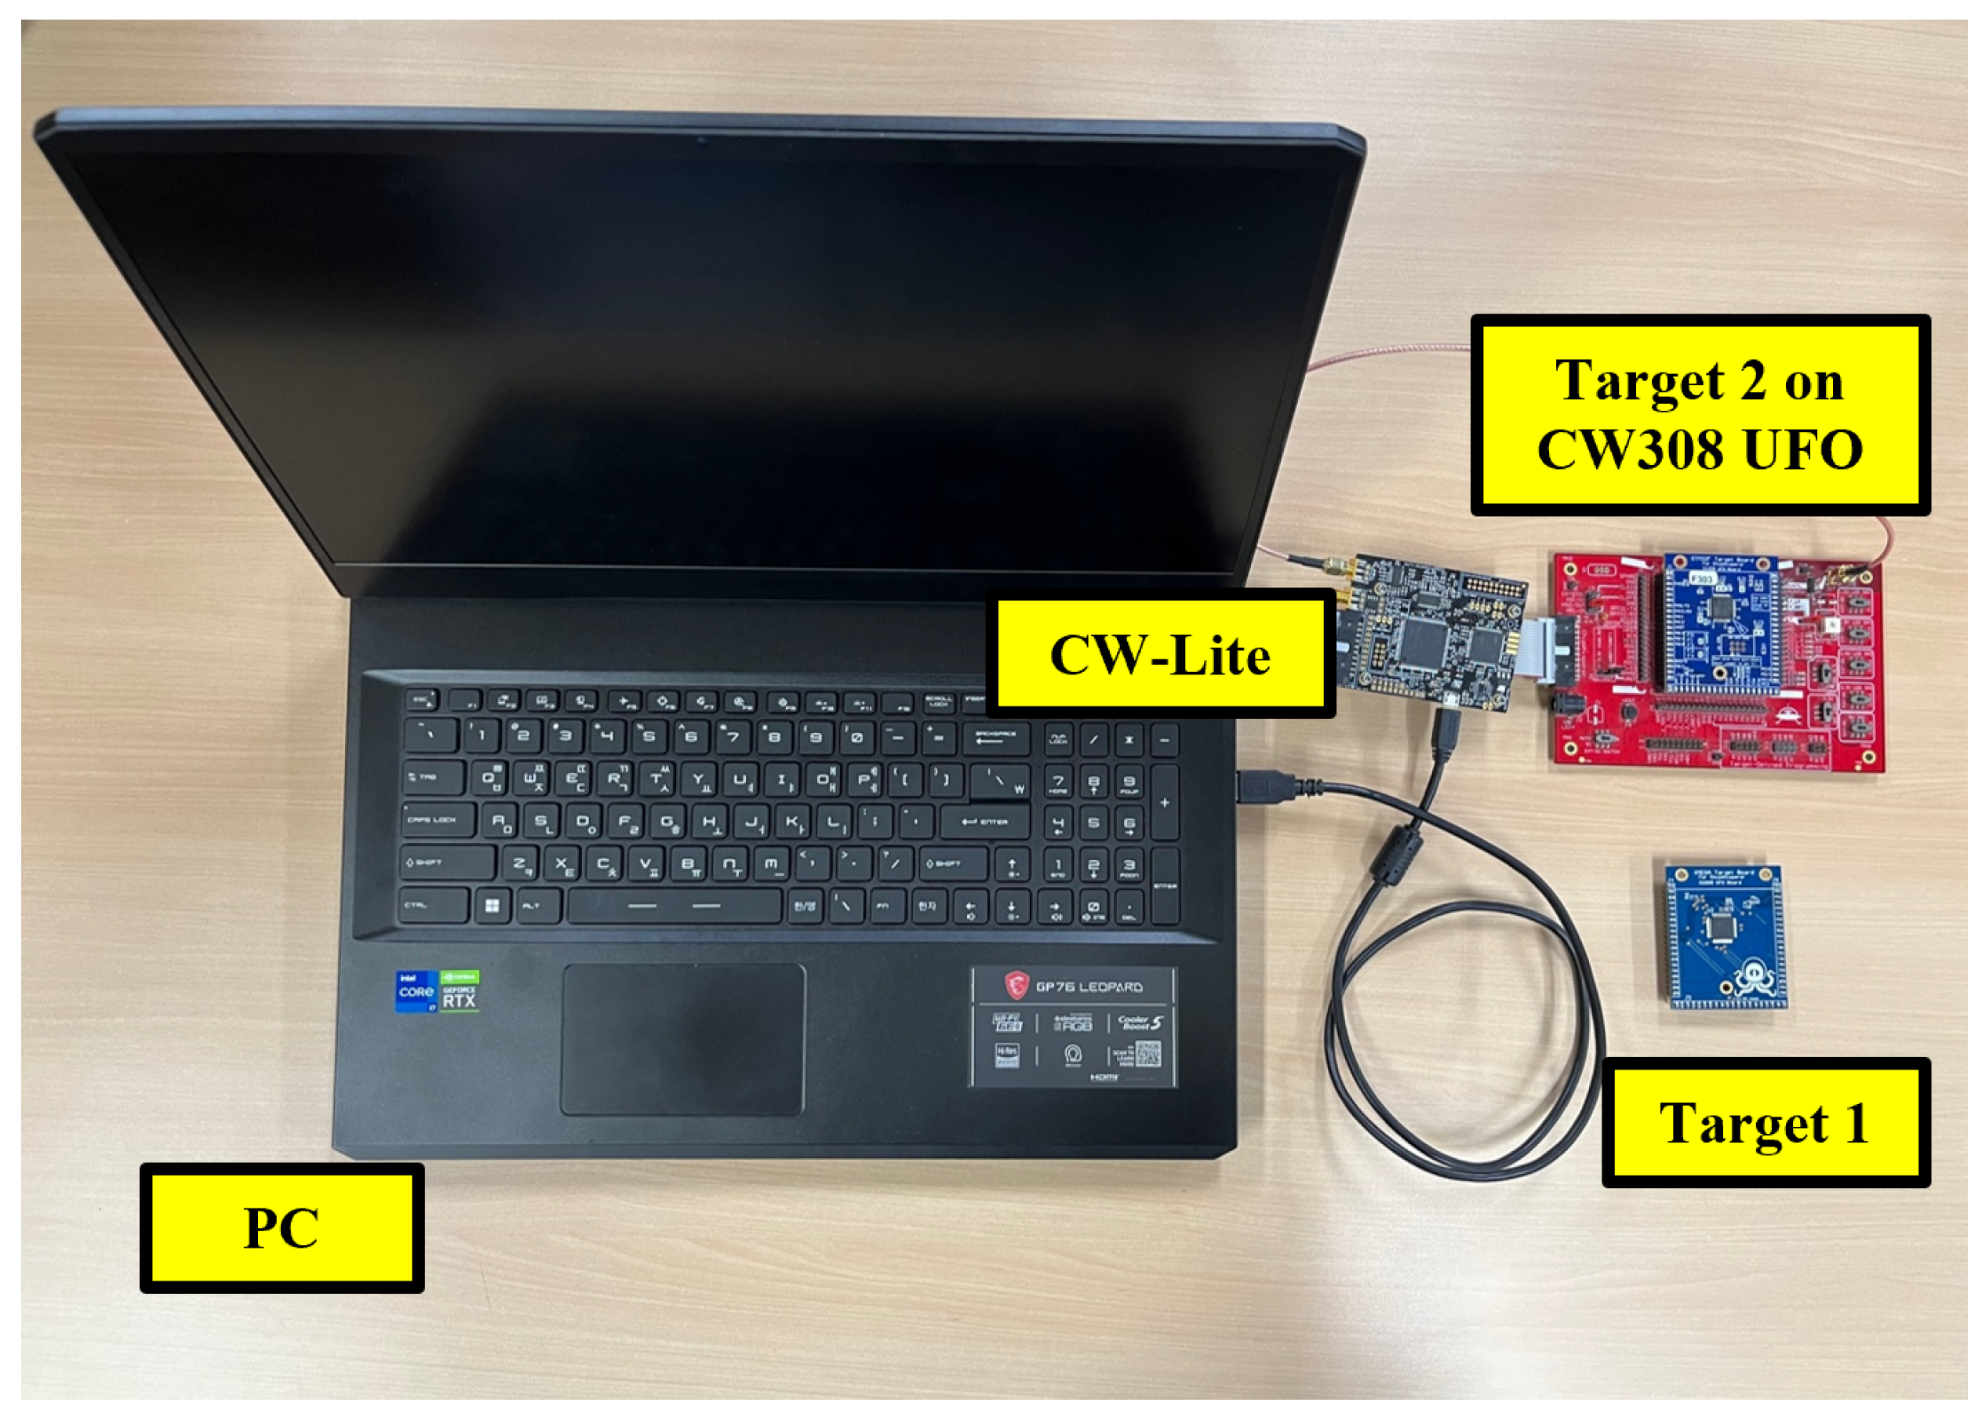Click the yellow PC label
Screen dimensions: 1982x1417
tap(281, 1228)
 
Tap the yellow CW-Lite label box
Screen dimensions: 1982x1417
tap(1160, 655)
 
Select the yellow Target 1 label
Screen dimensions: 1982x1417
tap(1765, 1123)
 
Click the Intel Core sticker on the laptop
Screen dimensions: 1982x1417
tap(416, 992)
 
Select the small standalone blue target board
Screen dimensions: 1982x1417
tap(1724, 936)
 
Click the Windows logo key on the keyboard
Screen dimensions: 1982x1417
tap(493, 907)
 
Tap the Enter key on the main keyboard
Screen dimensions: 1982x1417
tap(984, 822)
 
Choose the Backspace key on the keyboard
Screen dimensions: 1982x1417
tap(995, 738)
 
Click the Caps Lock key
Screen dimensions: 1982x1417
tap(438, 820)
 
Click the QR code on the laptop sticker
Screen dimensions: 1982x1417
tap(1147, 1054)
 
